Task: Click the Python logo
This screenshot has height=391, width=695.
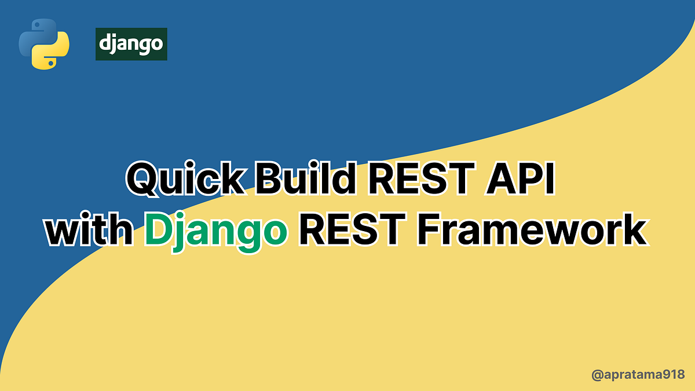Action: click(44, 44)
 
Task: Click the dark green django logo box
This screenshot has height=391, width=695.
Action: click(131, 44)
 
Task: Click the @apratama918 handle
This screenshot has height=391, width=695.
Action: click(638, 375)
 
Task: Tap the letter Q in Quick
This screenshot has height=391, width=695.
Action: click(145, 179)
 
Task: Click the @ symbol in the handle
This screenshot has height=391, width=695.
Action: click(597, 375)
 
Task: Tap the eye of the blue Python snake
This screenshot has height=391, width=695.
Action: click(38, 25)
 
